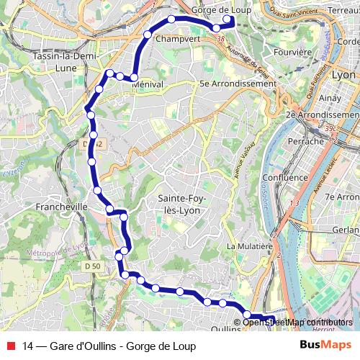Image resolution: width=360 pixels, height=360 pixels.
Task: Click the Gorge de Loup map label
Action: coord(222,9)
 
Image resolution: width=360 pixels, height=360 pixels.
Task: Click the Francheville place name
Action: coord(61,207)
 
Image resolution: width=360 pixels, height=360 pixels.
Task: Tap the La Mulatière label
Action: coord(248,246)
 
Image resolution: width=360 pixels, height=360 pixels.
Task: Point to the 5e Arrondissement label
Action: coord(238,84)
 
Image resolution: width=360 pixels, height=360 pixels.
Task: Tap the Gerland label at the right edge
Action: coord(347,230)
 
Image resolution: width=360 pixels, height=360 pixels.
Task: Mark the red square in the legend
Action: coord(9,346)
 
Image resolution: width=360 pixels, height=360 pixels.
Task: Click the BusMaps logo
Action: coord(325,346)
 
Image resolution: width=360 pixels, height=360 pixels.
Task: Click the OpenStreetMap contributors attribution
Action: coord(298,322)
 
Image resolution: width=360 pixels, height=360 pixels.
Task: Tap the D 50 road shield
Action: coord(90,267)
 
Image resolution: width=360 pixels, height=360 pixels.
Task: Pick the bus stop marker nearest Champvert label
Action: coord(147,35)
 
